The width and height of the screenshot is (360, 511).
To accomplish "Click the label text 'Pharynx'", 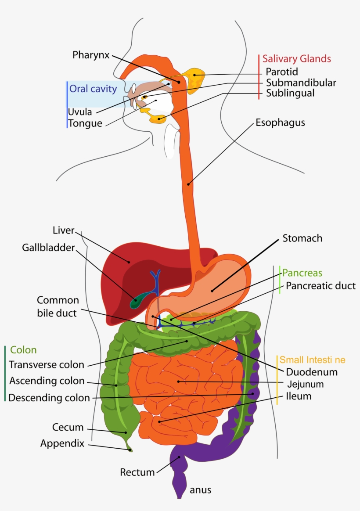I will (91, 55).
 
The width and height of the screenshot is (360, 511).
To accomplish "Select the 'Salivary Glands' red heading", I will (296, 59).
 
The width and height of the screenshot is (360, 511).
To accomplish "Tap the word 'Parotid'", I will (281, 71).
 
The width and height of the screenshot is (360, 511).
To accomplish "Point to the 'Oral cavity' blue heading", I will (93, 89).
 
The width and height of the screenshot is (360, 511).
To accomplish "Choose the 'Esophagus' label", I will (280, 122).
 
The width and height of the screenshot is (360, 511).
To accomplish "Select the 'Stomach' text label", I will (302, 238).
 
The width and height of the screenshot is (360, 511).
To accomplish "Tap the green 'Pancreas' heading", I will (302, 273).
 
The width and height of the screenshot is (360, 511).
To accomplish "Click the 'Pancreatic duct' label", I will (320, 286).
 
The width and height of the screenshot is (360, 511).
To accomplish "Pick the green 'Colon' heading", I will (23, 350).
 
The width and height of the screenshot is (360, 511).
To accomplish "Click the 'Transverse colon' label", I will (46, 365).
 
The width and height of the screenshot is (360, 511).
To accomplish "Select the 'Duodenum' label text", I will (312, 372).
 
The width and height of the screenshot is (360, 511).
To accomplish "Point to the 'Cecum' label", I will (68, 427).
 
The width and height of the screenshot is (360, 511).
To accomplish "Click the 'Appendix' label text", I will (62, 443).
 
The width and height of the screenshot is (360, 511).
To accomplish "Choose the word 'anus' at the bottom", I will (200, 490).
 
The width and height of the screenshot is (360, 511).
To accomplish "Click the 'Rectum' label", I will (137, 472).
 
